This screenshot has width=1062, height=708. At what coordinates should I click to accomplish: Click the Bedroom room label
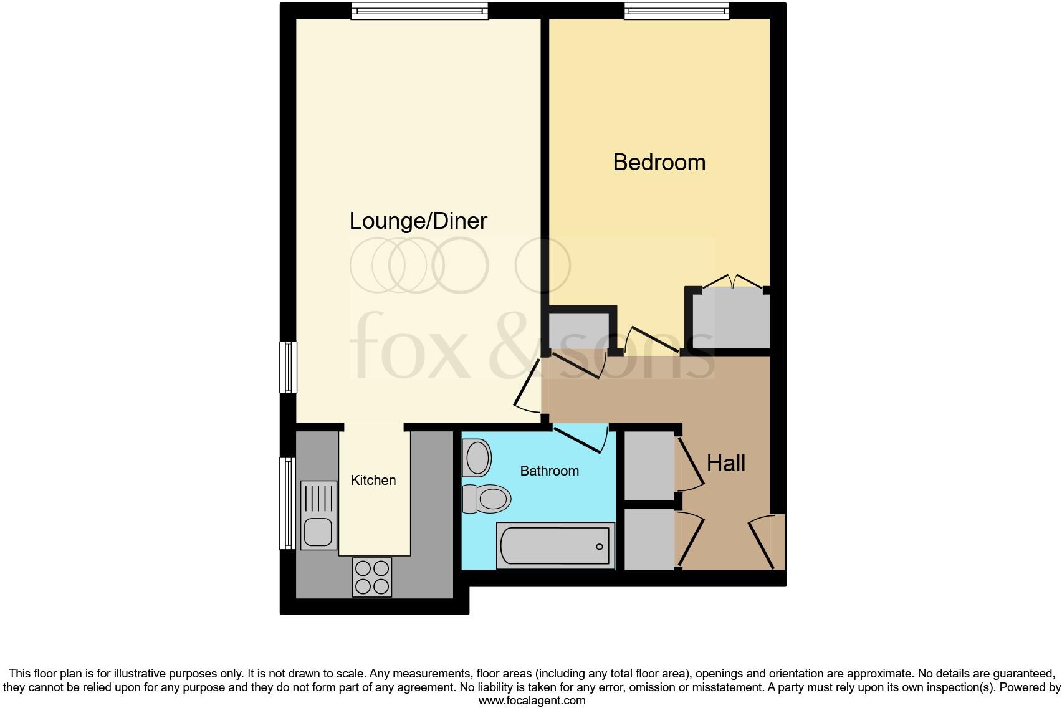click(659, 162)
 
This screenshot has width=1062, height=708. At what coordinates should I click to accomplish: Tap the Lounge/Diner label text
click(418, 221)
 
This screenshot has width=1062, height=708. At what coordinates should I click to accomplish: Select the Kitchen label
click(373, 480)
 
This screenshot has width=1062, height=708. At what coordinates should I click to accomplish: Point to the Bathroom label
click(549, 471)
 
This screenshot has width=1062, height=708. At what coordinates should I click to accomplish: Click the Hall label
click(726, 463)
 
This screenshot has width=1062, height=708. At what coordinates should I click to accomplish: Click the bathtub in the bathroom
click(555, 546)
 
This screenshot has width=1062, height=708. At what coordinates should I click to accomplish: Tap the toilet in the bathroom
click(487, 499)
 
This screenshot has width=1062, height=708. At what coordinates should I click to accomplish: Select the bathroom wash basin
click(477, 457)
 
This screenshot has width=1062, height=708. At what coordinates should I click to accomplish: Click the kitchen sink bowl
click(318, 533)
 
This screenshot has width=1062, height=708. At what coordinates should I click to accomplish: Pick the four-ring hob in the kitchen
click(372, 577)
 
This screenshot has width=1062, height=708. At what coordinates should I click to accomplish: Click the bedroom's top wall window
click(676, 11)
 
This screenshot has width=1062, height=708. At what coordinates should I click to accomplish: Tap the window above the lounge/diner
click(419, 11)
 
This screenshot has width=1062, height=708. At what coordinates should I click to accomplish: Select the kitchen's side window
click(287, 503)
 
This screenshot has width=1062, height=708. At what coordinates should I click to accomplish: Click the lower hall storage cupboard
click(649, 539)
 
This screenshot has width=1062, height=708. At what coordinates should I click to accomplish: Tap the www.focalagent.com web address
click(532, 700)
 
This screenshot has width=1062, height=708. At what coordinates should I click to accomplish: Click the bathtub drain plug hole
click(599, 547)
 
